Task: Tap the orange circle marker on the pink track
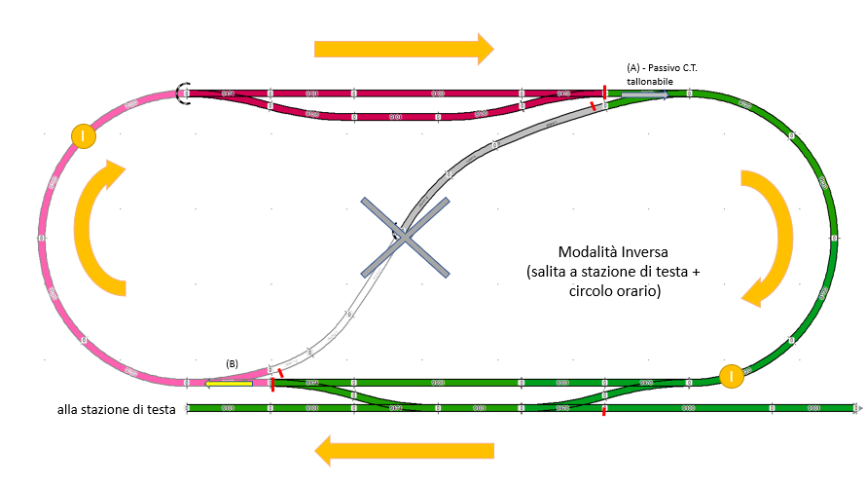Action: click(84, 136)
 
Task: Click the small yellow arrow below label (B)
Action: click(227, 384)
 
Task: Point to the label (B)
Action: click(233, 364)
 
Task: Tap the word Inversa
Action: click(653, 252)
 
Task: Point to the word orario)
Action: click(636, 291)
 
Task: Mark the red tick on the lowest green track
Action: click(603, 410)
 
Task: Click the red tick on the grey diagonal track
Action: click(594, 106)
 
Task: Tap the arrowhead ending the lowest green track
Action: click(859, 407)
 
